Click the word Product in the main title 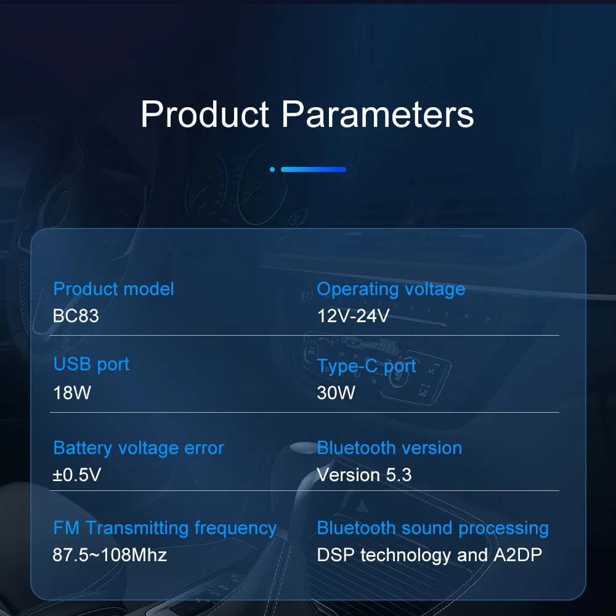click(x=205, y=115)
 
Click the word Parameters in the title click(x=378, y=115)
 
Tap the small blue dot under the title click(x=272, y=169)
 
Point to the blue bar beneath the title click(x=313, y=169)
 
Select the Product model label click(x=113, y=289)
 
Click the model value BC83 click(x=76, y=316)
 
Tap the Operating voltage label click(x=391, y=289)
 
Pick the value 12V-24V click(x=353, y=316)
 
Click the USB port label click(x=91, y=364)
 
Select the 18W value click(x=72, y=392)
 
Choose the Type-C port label click(x=367, y=367)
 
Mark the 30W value click(x=336, y=392)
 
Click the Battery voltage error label click(x=139, y=448)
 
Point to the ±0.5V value click(x=77, y=475)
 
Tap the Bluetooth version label click(x=389, y=448)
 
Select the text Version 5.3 click(x=364, y=475)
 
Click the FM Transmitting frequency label click(x=164, y=528)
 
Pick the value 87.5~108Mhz click(x=110, y=555)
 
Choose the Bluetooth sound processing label click(x=432, y=528)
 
